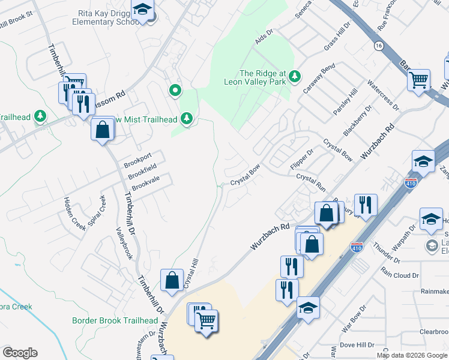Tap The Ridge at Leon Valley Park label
(262, 77)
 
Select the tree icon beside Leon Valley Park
(294, 76)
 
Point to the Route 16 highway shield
(378, 46)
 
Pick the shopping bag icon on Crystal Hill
(172, 280)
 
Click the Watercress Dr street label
(382, 95)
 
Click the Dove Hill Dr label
(357, 345)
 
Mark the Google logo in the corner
(20, 352)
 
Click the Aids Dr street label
(264, 37)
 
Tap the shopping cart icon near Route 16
(418, 79)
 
